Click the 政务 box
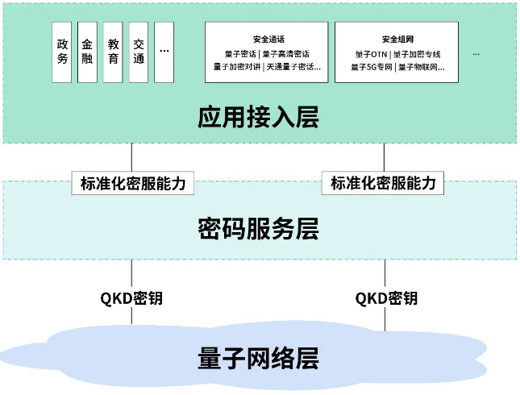click(62, 52)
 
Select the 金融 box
click(87, 52)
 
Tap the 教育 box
click(113, 52)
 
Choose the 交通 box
click(139, 52)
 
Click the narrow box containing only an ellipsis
click(164, 52)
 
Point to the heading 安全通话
click(268, 39)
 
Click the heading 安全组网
click(397, 39)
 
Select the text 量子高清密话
click(286, 54)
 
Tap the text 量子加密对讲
click(237, 67)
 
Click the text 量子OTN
click(371, 54)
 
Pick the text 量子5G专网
click(372, 68)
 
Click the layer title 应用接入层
click(258, 117)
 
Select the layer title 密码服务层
click(258, 228)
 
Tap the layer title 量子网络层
click(258, 358)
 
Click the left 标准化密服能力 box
click(133, 183)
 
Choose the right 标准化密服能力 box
click(383, 183)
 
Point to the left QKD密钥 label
click(131, 298)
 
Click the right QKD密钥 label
click(386, 298)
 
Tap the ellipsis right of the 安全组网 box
click(476, 54)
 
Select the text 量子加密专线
click(417, 54)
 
